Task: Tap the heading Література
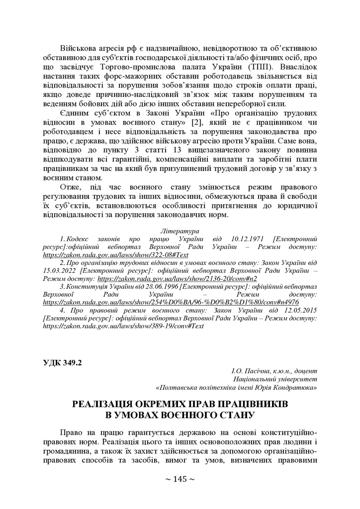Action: [x=180, y=232]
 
